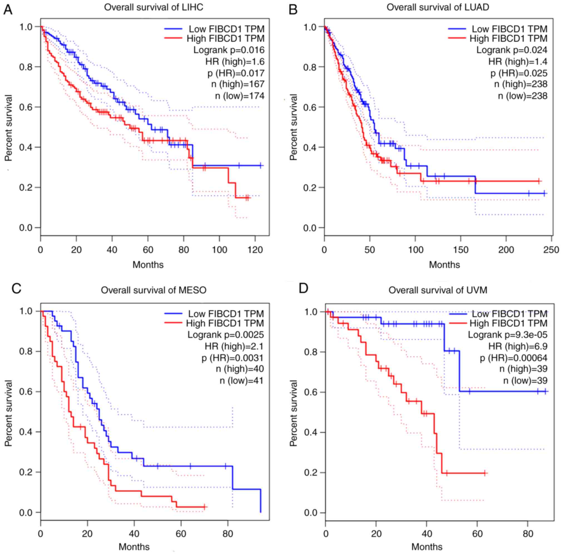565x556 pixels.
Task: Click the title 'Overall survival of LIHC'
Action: (153, 7)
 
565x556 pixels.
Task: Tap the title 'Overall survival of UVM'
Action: (438, 290)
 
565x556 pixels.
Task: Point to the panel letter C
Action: (16, 289)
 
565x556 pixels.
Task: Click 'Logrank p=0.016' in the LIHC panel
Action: (229, 50)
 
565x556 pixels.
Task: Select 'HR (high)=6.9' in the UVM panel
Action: (518, 346)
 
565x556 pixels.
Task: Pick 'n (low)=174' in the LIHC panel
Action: (240, 96)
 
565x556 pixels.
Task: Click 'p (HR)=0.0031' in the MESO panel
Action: (232, 358)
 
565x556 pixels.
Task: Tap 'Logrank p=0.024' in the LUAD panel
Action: (512, 50)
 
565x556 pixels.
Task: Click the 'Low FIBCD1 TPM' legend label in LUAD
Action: (509, 29)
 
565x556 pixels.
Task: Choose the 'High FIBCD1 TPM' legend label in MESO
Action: (225, 323)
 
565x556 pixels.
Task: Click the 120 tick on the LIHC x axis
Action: (255, 250)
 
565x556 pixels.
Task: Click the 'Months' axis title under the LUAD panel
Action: (444, 265)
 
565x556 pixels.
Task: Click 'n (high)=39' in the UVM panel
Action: (523, 369)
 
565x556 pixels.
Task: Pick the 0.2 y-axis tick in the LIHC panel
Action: (26, 187)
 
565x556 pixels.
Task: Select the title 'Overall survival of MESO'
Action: (154, 290)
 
